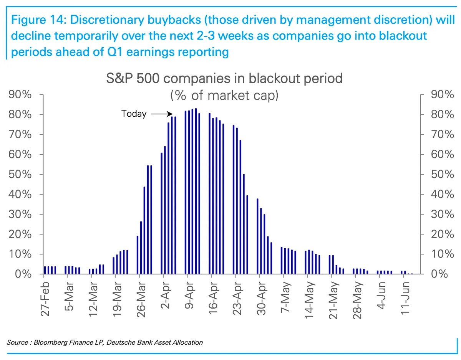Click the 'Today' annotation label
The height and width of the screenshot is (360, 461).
pyautogui.click(x=134, y=114)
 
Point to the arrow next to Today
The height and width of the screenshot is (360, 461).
pyautogui.click(x=160, y=114)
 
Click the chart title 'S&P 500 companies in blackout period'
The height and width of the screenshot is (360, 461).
pyautogui.click(x=224, y=79)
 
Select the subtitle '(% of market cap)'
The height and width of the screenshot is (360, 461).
pyautogui.click(x=224, y=95)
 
